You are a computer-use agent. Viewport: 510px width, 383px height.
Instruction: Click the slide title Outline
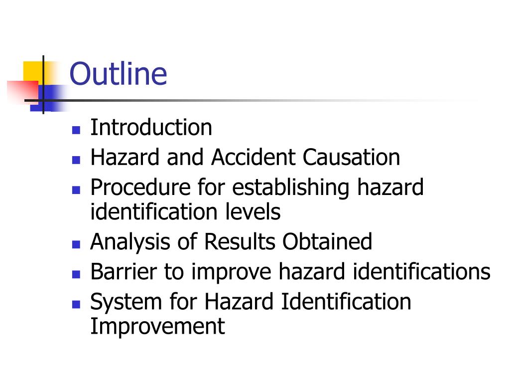pyautogui.click(x=118, y=74)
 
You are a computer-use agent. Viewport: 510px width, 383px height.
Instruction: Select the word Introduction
pyautogui.click(x=151, y=128)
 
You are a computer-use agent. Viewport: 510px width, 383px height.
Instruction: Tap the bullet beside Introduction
pyautogui.click(x=76, y=131)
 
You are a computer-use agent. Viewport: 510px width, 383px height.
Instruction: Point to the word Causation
pyautogui.click(x=351, y=158)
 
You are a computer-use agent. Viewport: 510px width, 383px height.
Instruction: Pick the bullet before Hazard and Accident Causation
pyautogui.click(x=76, y=161)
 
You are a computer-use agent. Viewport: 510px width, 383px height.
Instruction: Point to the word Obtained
pyautogui.click(x=327, y=242)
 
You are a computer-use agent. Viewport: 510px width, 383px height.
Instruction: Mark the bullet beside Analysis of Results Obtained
pyautogui.click(x=76, y=245)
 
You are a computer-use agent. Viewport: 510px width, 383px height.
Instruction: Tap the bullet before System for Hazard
pyautogui.click(x=76, y=304)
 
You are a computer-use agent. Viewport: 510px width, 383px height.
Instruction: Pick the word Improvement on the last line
pyautogui.click(x=157, y=327)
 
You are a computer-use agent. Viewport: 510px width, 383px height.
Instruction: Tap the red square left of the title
pyautogui.click(x=22, y=90)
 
